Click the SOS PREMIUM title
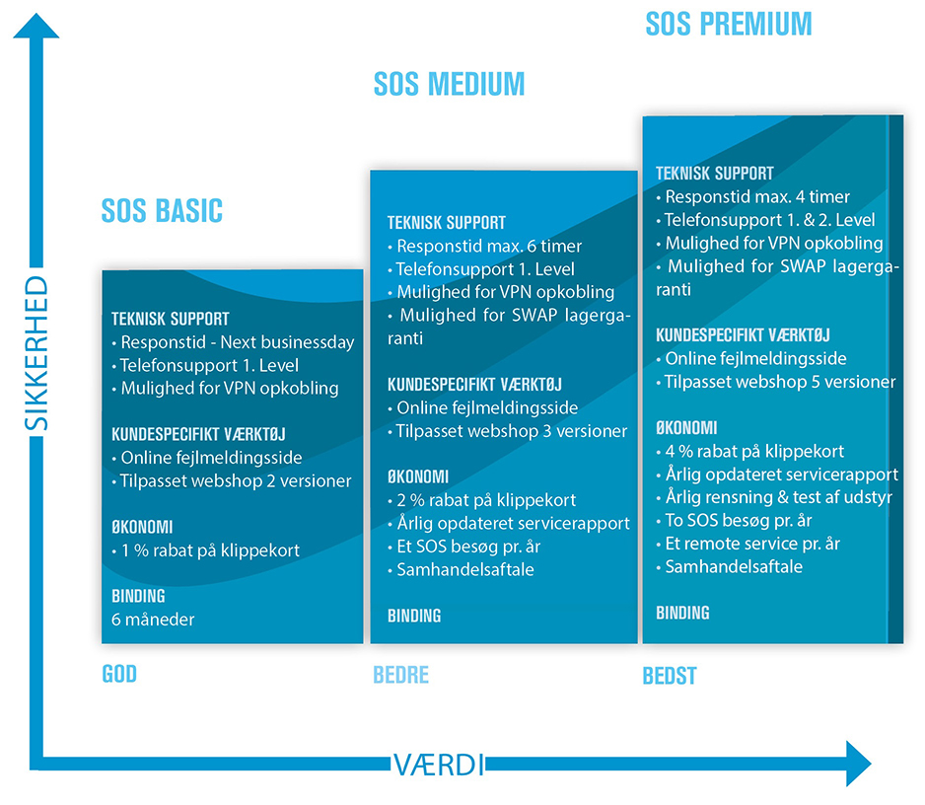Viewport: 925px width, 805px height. tap(729, 25)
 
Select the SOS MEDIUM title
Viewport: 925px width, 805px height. tap(449, 84)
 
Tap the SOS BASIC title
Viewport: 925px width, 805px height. tap(163, 211)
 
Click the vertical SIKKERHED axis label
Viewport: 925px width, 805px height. tap(36, 353)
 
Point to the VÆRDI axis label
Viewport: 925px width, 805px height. tap(439, 765)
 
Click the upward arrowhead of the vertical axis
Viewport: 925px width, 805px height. tap(36, 26)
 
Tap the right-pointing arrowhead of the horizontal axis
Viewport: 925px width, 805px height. tap(859, 764)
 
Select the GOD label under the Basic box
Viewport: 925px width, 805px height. tap(119, 674)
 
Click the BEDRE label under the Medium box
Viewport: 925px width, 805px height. tap(400, 675)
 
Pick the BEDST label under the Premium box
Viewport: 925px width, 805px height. tap(670, 676)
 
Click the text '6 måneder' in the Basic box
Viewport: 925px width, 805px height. tap(153, 620)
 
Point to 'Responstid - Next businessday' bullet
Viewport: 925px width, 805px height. tap(234, 342)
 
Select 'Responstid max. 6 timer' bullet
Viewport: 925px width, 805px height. tap(485, 246)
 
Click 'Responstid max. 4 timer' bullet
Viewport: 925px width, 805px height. tap(753, 196)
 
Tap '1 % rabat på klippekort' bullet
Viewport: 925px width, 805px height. tap(206, 550)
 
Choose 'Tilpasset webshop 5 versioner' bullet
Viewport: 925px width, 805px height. tap(776, 382)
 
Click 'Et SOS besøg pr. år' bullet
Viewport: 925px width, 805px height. tap(464, 547)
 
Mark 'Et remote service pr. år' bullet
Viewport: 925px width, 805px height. tap(748, 544)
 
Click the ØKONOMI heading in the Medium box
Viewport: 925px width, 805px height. tap(418, 476)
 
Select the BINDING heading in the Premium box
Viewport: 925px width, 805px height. tap(682, 614)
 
